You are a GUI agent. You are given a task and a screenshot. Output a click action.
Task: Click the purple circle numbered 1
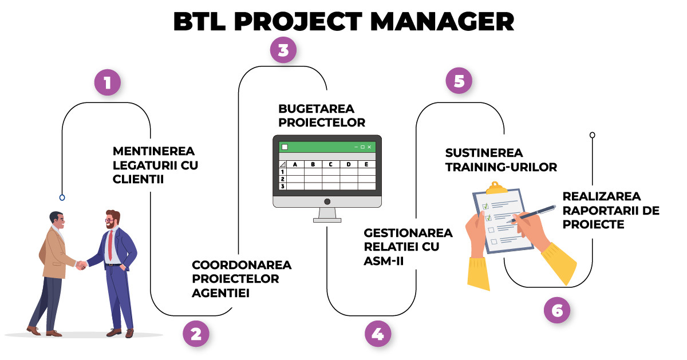(108, 82)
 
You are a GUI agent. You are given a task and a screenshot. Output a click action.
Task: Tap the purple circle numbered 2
(196, 334)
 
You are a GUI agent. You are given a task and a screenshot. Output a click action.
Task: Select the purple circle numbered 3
(283, 50)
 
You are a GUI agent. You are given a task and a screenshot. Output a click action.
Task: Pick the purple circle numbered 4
(378, 334)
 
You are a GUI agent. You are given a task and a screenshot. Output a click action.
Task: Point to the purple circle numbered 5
(459, 81)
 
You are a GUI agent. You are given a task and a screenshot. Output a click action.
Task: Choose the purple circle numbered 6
(557, 310)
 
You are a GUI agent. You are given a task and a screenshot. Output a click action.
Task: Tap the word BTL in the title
(199, 22)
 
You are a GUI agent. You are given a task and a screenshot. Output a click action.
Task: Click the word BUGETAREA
(316, 109)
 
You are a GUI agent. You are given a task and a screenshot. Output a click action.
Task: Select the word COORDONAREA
(242, 265)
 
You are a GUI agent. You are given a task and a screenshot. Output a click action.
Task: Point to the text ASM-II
(384, 261)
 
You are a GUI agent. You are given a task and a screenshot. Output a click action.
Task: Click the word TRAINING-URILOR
(501, 167)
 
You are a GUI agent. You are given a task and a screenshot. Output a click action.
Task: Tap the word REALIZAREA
(602, 196)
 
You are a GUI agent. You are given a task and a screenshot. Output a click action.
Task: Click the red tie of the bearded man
(110, 245)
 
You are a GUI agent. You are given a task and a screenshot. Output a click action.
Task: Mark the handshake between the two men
(81, 265)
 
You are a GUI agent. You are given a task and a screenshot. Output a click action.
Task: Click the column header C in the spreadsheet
(331, 164)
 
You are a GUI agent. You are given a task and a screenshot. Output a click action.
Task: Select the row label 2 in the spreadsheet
(282, 179)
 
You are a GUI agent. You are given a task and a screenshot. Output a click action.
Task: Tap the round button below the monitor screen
(327, 201)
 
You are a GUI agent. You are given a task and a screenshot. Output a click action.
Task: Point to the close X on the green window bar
(369, 147)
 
